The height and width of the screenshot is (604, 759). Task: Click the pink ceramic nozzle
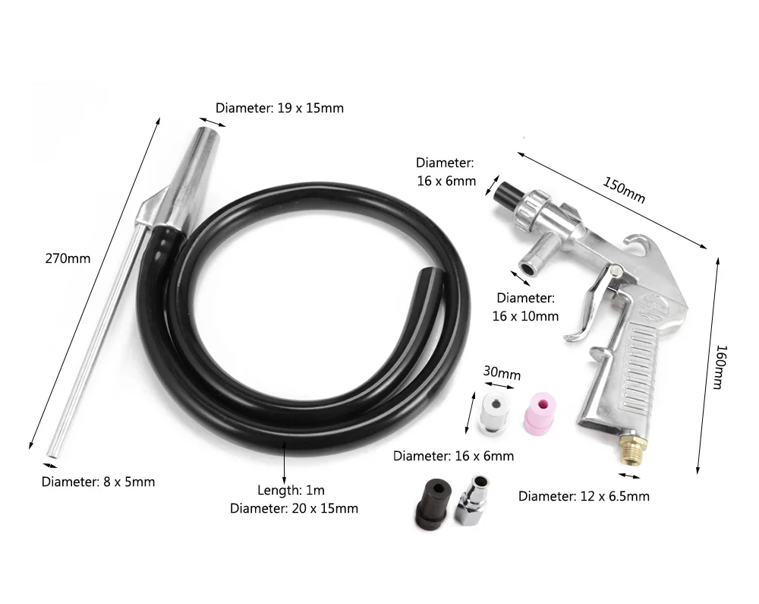[537, 411]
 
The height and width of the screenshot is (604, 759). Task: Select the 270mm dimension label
[68, 258]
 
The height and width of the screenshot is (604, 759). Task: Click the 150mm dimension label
[624, 189]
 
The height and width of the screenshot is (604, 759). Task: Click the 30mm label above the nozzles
[502, 374]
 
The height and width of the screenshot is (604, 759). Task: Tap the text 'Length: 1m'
[291, 491]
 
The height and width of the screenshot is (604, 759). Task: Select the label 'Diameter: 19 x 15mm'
[279, 108]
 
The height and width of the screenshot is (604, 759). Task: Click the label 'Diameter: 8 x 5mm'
[98, 481]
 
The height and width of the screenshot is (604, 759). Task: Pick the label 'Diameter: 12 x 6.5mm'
[584, 496]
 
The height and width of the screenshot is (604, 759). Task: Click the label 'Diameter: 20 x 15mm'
[294, 508]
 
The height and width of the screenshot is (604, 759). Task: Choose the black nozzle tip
[431, 501]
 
